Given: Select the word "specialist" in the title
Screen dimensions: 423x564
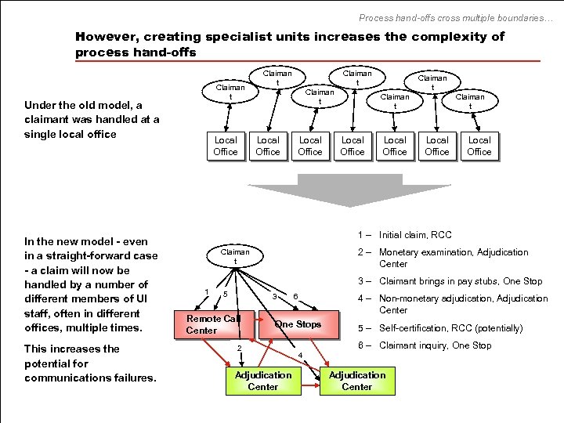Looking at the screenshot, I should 248,37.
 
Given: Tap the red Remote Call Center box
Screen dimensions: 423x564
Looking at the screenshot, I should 214,324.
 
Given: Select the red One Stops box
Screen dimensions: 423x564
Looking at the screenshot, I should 298,324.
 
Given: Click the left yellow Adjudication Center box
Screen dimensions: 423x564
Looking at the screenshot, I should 262,381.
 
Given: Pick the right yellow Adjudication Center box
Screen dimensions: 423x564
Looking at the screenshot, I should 357,381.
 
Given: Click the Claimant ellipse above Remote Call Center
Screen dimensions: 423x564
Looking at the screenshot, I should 235,256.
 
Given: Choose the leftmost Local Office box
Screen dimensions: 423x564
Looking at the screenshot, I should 226,146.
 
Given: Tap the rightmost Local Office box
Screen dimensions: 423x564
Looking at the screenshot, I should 479,146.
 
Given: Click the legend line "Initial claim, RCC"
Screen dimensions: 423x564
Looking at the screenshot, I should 415,235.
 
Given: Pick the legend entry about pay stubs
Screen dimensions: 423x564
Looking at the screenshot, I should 461,281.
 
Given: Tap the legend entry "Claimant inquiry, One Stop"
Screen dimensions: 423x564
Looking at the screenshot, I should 436,345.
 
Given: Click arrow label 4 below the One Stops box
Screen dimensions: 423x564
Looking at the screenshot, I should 300,355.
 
